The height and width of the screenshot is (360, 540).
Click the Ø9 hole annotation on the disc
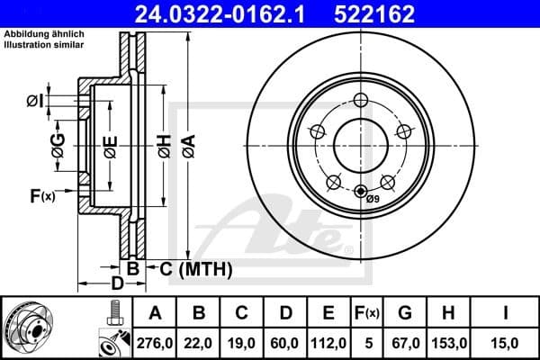(x=373, y=198)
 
